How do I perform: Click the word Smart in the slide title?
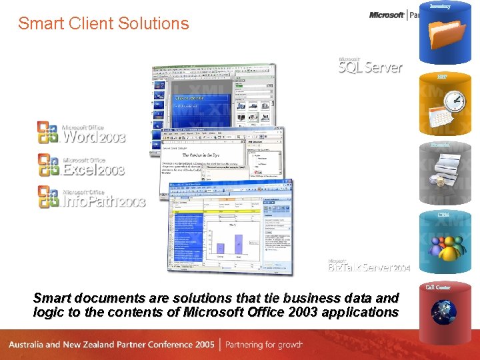click(39, 23)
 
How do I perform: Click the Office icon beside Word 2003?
click(48, 132)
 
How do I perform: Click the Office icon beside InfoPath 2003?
click(48, 196)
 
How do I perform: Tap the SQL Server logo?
click(370, 65)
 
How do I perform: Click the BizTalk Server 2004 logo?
click(369, 266)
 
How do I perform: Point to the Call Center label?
click(438, 287)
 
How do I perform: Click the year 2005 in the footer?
click(204, 345)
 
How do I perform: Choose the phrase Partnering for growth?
click(263, 345)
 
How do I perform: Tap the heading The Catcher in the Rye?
click(201, 155)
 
